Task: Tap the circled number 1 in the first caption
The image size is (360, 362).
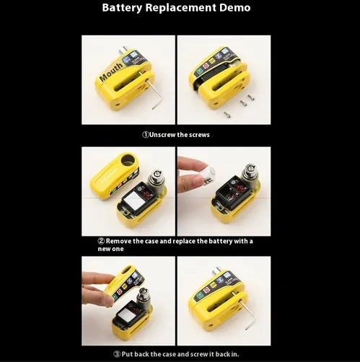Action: click(144, 134)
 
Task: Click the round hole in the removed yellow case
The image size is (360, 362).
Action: click(129, 159)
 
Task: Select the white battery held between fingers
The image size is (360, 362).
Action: click(208, 173)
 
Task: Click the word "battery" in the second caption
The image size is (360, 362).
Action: click(219, 241)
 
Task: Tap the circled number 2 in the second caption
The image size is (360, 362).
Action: click(101, 241)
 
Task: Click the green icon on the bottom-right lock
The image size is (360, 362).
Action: click(199, 295)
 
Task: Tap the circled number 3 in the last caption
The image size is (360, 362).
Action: click(116, 353)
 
